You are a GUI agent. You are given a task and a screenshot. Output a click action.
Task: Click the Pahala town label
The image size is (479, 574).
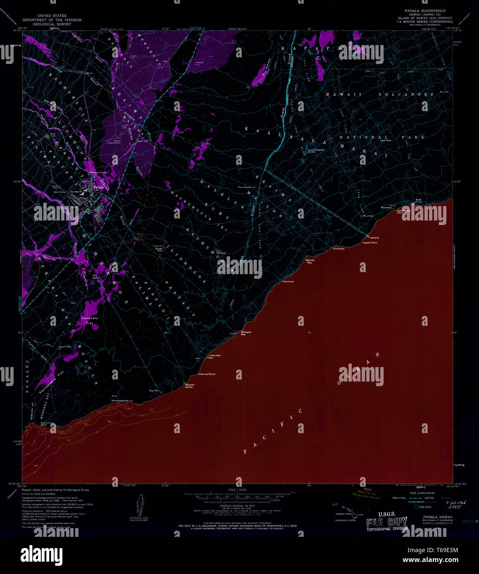tap(98, 187)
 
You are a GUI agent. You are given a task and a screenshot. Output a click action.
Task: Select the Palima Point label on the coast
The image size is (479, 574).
tap(207, 374)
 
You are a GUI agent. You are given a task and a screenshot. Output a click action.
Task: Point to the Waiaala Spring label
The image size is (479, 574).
tap(189, 386)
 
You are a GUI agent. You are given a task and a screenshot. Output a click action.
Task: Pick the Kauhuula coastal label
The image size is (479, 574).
tap(288, 282)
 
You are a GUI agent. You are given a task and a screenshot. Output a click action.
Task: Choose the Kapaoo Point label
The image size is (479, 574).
tap(370, 243)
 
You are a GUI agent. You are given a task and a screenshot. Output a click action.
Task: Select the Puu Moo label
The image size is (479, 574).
tap(368, 216)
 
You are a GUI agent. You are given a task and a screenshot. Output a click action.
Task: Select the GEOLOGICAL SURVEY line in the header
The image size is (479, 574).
tap(52, 24)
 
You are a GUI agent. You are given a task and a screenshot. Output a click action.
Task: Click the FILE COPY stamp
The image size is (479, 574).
tap(387, 522)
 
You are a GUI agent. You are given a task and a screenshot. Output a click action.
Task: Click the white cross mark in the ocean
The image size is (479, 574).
tap(309, 332)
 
